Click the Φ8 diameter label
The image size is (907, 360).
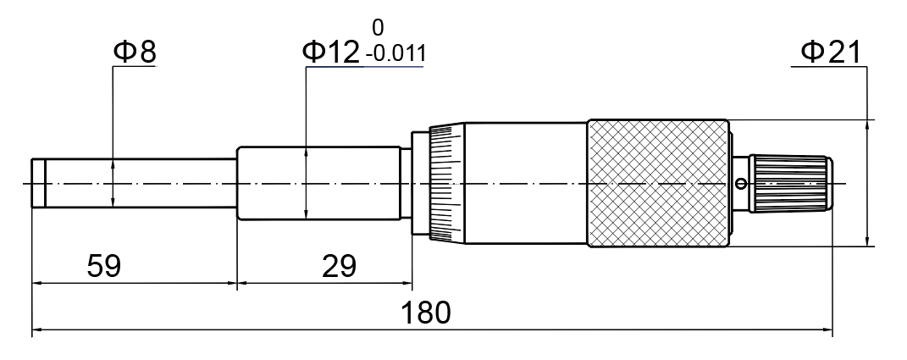point(135,52)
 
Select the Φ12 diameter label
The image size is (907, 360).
point(331,53)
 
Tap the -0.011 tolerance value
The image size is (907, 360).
point(396,54)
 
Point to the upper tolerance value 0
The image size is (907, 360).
point(378,28)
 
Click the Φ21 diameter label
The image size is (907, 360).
point(832,53)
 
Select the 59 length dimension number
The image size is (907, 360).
point(104,267)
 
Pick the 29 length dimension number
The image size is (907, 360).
point(339,267)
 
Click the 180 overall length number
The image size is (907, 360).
point(426,313)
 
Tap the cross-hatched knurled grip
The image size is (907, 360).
point(658,184)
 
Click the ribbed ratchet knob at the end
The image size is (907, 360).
point(791,184)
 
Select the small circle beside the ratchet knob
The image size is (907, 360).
point(740,184)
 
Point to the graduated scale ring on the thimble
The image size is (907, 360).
point(447,184)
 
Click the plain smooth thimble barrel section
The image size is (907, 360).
point(527,184)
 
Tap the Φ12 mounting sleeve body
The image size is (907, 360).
point(319,184)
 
